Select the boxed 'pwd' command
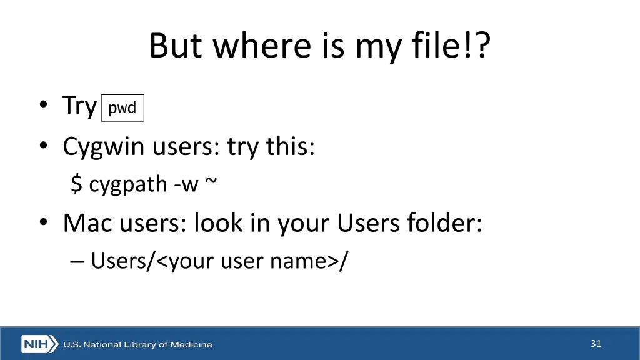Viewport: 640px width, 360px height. [122, 108]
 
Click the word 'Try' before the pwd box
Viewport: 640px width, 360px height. [79, 106]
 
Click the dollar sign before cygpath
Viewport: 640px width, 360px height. [76, 184]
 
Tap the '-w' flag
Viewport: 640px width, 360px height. [186, 184]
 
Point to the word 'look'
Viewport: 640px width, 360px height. [216, 223]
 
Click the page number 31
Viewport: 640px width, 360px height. [596, 343]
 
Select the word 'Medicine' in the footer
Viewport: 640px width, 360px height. [192, 344]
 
